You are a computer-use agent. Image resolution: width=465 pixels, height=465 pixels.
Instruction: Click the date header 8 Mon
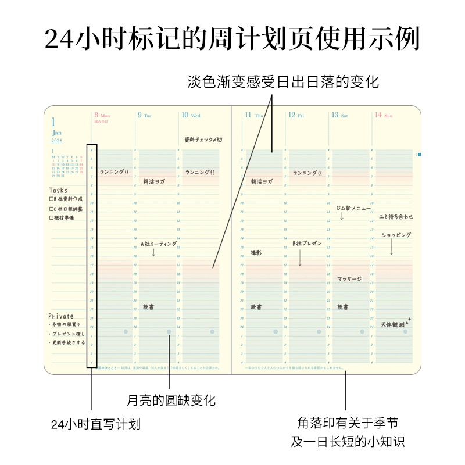[x=102, y=115]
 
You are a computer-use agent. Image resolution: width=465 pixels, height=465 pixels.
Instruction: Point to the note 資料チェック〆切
[x=203, y=140]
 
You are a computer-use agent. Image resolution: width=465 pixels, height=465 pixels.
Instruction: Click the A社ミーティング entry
[x=159, y=244]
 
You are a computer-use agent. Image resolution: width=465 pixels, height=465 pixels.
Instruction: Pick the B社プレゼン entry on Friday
[x=307, y=244]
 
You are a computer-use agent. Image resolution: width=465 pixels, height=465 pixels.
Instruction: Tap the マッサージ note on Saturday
[x=349, y=279]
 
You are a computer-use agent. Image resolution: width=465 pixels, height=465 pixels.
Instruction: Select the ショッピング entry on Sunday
[x=396, y=235]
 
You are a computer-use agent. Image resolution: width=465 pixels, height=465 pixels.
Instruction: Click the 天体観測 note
[x=394, y=324]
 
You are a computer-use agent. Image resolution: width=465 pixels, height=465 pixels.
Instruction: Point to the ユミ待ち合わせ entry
[x=396, y=217]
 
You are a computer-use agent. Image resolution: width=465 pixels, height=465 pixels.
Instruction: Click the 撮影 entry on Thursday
[x=256, y=253]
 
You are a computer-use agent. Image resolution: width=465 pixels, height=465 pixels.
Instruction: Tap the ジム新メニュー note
[x=353, y=208]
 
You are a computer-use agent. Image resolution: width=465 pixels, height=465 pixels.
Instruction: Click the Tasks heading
[x=58, y=190]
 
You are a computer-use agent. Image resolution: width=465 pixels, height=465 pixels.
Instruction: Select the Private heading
[x=61, y=316]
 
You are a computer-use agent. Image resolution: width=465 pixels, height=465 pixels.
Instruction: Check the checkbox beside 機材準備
[x=52, y=218]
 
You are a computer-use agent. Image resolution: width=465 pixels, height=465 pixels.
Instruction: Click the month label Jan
[x=56, y=133]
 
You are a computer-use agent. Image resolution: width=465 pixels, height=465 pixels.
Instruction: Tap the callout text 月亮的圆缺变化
[x=171, y=400]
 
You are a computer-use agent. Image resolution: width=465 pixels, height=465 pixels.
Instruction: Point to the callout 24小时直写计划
[x=96, y=424]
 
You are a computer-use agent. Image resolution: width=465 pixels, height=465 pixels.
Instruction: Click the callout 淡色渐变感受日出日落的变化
[x=283, y=82]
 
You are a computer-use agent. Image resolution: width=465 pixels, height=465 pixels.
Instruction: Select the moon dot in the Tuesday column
[x=169, y=332]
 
